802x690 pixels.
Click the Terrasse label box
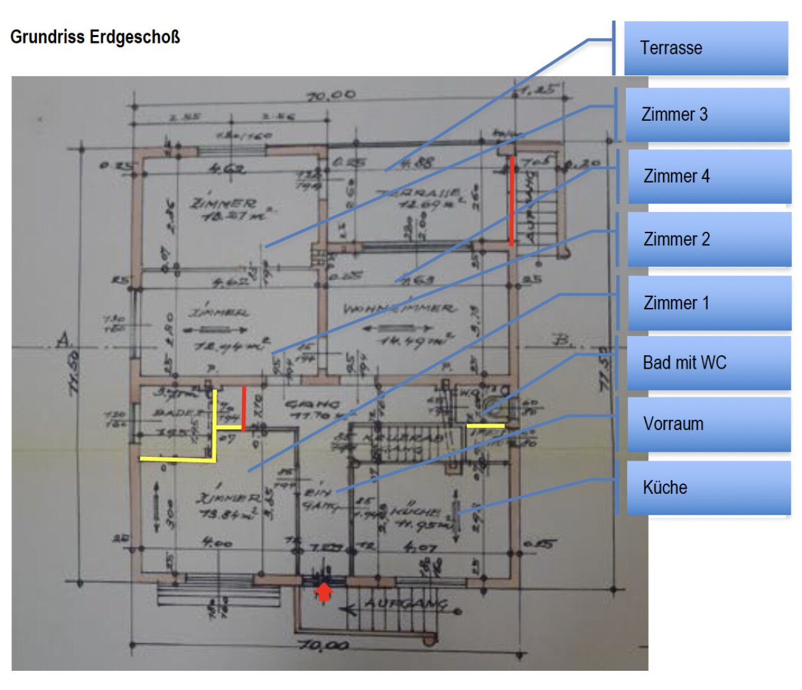[x=706, y=49]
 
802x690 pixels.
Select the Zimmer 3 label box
[x=707, y=115]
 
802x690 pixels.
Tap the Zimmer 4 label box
[x=709, y=177]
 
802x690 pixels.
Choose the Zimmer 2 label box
[x=709, y=240]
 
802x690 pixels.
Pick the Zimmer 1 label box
[x=709, y=303]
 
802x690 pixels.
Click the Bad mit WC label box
[x=708, y=363]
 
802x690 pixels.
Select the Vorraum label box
[x=708, y=424]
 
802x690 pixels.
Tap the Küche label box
[x=708, y=488]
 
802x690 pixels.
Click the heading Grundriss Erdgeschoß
[x=95, y=37]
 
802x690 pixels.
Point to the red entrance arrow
[x=324, y=592]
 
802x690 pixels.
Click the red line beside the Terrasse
[x=511, y=201]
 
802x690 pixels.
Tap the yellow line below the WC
[x=485, y=425]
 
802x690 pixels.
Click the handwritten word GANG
[x=312, y=404]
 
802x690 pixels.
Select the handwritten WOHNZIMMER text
[x=399, y=309]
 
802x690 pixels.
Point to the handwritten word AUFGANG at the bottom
[x=405, y=603]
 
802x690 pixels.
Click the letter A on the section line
[x=63, y=339]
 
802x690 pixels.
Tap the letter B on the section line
[x=561, y=339]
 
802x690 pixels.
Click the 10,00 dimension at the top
[x=331, y=96]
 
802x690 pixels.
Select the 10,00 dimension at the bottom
[x=324, y=645]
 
